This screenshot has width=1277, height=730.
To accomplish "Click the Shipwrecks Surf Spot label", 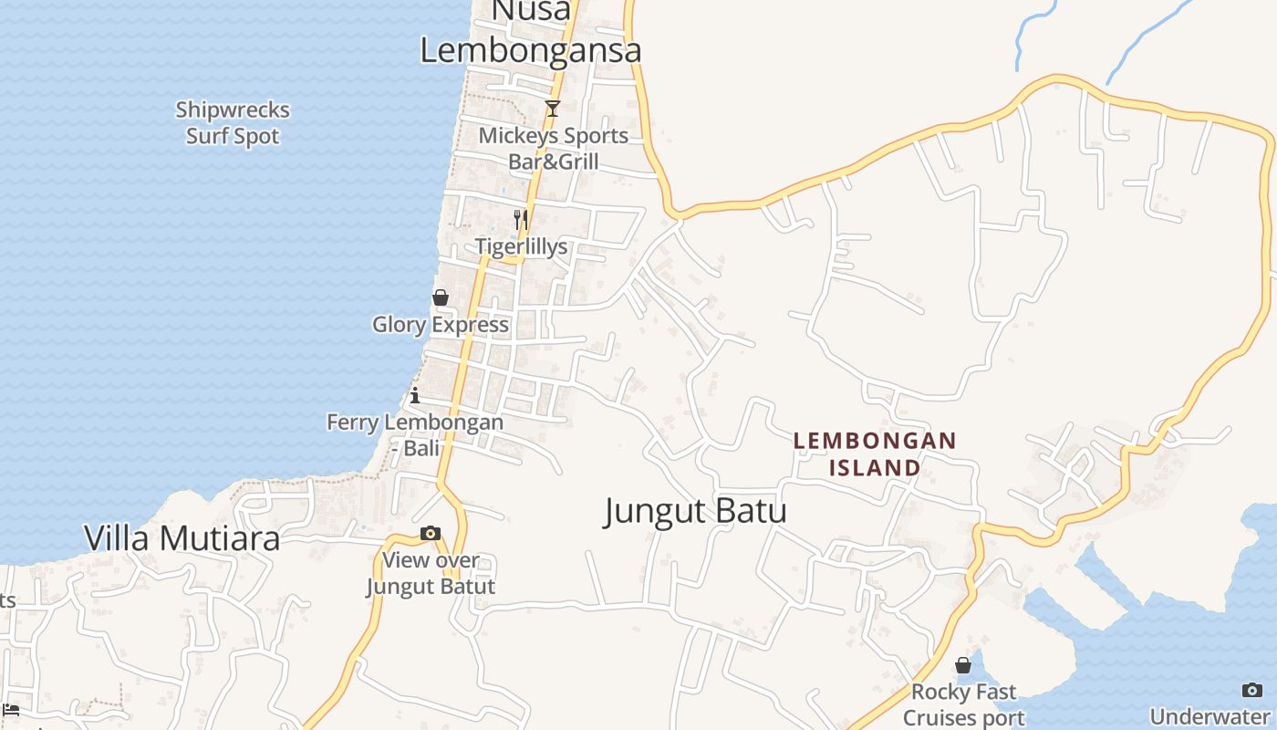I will (x=233, y=123).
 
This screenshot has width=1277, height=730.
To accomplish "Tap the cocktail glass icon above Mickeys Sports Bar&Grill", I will (x=552, y=109).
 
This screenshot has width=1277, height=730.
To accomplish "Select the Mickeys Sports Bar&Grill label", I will (x=554, y=149).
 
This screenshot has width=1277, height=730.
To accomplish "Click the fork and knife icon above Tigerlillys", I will (x=520, y=219).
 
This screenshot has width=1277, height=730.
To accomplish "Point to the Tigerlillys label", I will (x=521, y=246).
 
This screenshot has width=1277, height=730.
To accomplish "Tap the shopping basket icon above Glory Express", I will (x=441, y=297).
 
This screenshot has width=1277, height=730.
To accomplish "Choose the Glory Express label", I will (x=441, y=325).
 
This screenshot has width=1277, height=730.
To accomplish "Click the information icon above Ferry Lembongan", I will (x=415, y=395).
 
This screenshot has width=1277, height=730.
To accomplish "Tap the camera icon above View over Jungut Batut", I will (x=431, y=533).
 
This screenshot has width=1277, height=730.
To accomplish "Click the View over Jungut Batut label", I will (x=431, y=573).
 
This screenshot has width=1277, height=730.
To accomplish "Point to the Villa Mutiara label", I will (x=182, y=538).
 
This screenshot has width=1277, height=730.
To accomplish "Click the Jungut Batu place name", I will (x=695, y=511).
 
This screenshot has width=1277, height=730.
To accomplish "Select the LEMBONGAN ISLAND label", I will (x=875, y=454).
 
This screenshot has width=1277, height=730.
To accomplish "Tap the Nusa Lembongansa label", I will (x=531, y=32).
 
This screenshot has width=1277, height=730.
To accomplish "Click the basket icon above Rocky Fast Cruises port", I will (x=963, y=665).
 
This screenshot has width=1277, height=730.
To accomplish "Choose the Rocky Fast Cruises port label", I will (x=964, y=705).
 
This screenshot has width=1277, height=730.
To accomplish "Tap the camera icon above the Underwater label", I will (x=1252, y=690).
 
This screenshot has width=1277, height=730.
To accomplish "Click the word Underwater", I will (x=1210, y=716).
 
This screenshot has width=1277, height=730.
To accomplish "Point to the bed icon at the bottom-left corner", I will (x=11, y=710).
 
